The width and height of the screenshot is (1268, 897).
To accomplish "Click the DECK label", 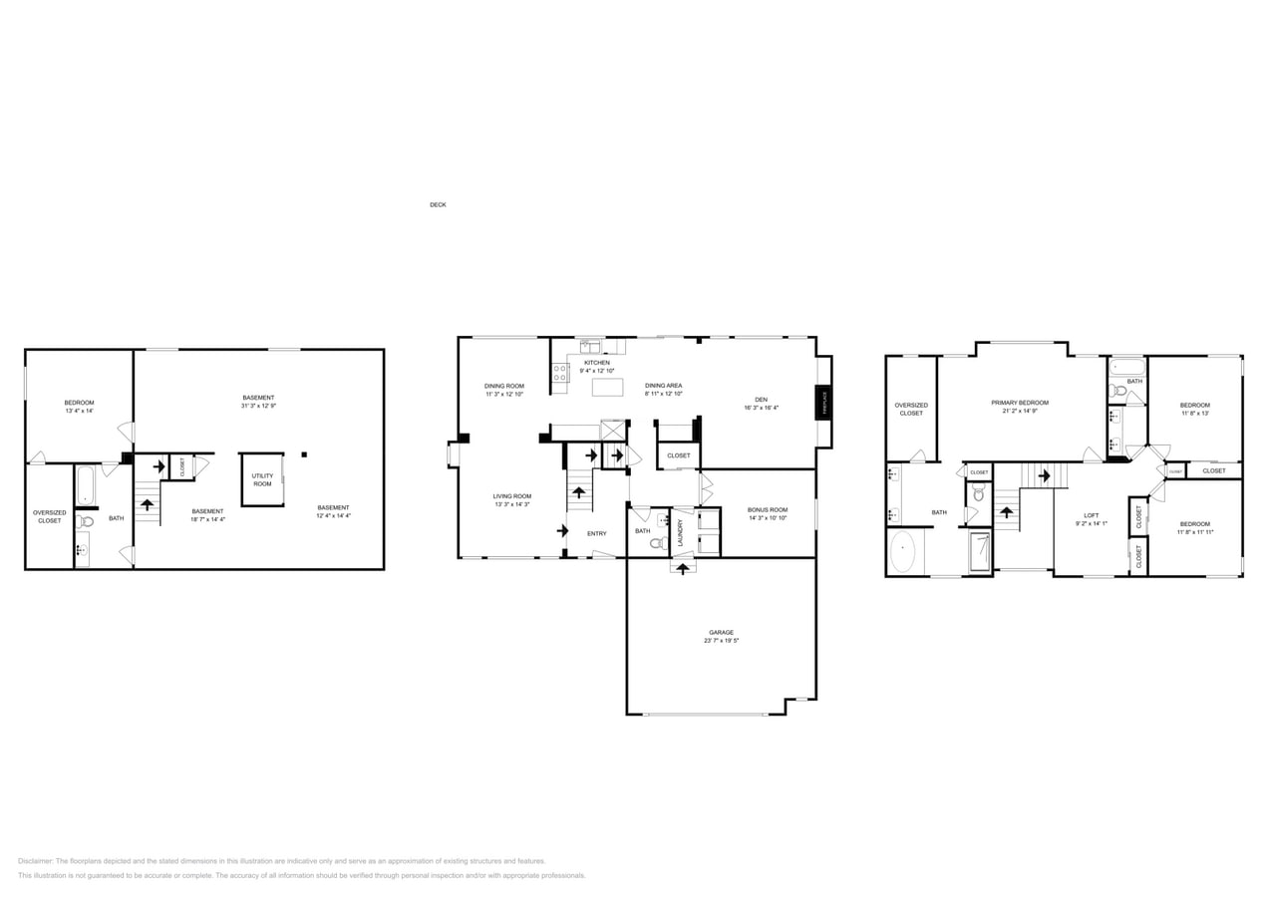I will point(438,204).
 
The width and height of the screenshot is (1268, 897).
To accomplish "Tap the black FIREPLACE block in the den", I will point(824,402).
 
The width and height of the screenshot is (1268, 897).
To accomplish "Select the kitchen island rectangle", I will point(607,387).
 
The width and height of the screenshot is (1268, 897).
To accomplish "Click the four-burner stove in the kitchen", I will point(560,372).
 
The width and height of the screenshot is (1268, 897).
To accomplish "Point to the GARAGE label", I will point(721,632).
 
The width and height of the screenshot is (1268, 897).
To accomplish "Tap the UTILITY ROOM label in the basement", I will point(262,479).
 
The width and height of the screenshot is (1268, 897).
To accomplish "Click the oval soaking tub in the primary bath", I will point(902,552).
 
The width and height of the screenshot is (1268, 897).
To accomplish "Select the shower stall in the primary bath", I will point(979,551).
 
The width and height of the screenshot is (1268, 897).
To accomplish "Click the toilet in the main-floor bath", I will point(657,542).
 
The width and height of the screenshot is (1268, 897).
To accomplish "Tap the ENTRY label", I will point(596,533).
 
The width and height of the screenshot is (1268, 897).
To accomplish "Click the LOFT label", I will point(1092,515).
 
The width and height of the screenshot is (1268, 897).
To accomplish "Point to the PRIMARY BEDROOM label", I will point(1020,403).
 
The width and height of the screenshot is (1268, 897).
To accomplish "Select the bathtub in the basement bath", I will point(85,486).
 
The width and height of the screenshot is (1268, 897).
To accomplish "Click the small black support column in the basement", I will point(304,454).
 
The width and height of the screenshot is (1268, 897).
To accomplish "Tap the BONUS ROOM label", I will point(768,509).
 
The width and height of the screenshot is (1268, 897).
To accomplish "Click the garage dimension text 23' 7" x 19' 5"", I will point(721,640).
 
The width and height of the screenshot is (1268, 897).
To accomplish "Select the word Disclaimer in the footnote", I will point(36,861).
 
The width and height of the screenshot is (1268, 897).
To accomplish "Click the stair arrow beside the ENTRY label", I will point(562,530).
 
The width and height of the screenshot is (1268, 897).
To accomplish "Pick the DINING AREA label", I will point(663,385).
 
